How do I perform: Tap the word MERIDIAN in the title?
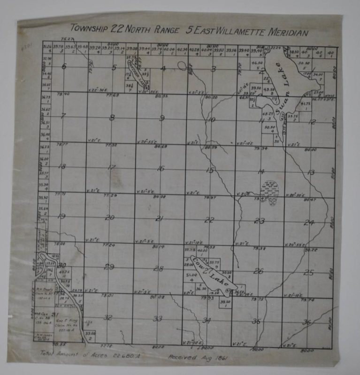click(282, 33)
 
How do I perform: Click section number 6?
click(64, 66)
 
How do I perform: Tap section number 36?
click(307, 322)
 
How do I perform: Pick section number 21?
click(160, 218)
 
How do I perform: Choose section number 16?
click(161, 168)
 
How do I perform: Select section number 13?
click(311, 172)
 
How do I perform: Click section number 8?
click(112, 118)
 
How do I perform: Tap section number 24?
click(308, 222)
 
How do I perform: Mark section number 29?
click(109, 267)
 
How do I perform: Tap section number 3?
click(213, 69)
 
